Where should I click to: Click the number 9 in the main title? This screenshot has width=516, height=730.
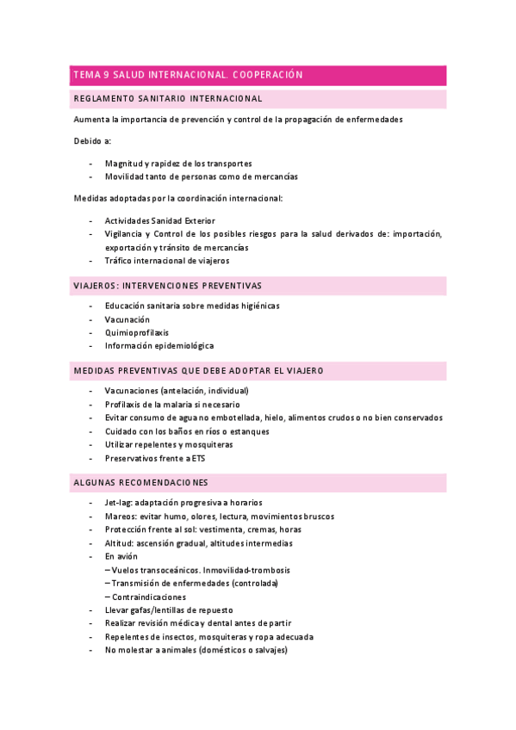tap(105, 75)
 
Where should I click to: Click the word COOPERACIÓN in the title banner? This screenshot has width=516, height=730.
tap(268, 75)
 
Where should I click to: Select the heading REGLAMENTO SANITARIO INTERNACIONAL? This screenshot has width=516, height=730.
tap(168, 99)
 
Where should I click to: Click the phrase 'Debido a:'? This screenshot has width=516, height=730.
tap(92, 140)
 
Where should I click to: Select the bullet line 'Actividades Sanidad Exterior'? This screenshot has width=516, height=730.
tap(159, 220)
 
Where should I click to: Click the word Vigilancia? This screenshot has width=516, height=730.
tap(125, 233)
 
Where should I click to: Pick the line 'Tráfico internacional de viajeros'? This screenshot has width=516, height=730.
tap(166, 261)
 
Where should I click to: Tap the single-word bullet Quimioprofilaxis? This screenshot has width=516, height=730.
tap(137, 332)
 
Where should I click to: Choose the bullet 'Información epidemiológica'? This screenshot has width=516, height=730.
tap(159, 346)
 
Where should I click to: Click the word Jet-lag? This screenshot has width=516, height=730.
tap(120, 503)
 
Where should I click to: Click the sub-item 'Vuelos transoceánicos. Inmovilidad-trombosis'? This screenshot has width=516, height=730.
tap(201, 570)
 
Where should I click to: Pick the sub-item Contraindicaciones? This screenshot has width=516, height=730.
tap(149, 597)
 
